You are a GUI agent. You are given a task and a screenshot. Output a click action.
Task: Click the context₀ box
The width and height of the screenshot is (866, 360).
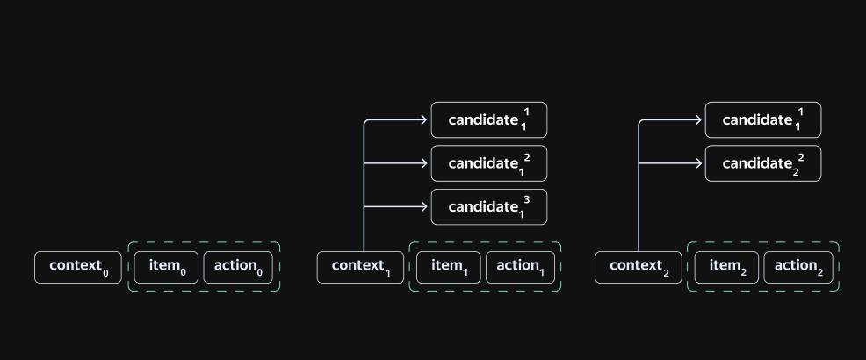(78, 267)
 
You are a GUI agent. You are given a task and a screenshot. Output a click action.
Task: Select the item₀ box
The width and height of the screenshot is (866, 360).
(166, 267)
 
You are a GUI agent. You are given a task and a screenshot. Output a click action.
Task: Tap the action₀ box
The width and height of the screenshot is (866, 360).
(238, 267)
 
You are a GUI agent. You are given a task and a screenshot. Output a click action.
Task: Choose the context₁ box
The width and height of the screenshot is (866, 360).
(360, 267)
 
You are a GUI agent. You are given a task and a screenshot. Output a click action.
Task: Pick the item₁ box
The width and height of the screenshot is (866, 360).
(449, 267)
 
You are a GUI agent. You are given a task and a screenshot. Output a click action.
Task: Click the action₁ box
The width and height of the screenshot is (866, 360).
(520, 267)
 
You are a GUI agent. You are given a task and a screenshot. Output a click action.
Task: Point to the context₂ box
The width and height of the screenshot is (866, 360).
(639, 267)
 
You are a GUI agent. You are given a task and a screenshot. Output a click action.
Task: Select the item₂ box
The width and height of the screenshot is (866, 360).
(726, 267)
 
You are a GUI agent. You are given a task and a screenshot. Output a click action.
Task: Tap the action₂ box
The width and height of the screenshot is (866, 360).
(798, 267)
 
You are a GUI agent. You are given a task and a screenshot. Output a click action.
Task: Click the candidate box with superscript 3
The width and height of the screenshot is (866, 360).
(489, 207)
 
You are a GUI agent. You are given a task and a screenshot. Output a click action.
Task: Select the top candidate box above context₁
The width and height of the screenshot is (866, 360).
(489, 119)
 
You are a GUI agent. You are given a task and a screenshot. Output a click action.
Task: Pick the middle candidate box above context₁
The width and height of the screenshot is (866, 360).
(489, 163)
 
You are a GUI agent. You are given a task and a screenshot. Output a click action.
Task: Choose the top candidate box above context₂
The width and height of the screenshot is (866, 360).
(763, 119)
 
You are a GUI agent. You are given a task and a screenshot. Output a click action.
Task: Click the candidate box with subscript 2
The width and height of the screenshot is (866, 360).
(763, 163)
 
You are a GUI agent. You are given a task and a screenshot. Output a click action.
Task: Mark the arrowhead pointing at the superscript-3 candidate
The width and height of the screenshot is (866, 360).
(424, 207)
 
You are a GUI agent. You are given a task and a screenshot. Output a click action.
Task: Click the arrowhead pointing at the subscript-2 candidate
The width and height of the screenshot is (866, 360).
(698, 163)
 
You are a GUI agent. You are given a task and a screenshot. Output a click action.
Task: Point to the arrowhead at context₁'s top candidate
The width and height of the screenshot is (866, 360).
(424, 119)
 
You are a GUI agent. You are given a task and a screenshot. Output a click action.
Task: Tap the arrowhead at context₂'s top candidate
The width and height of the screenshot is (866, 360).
(698, 119)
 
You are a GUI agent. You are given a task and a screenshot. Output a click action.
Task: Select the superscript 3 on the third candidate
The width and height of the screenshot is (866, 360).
(526, 200)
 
